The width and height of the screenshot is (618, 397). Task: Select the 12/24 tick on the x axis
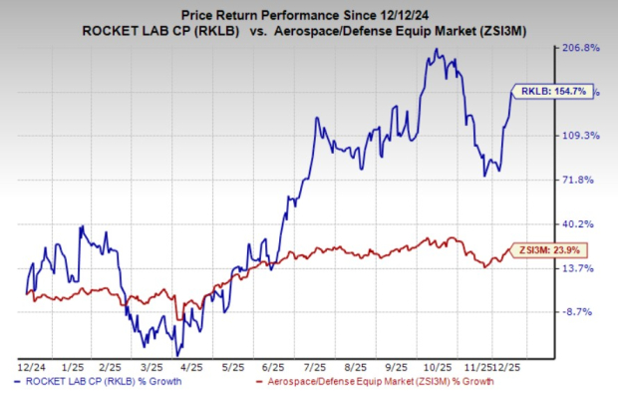coord(30,366)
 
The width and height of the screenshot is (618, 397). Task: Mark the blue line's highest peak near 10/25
coord(433,49)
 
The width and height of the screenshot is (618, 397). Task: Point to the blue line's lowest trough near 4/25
coord(177,355)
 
